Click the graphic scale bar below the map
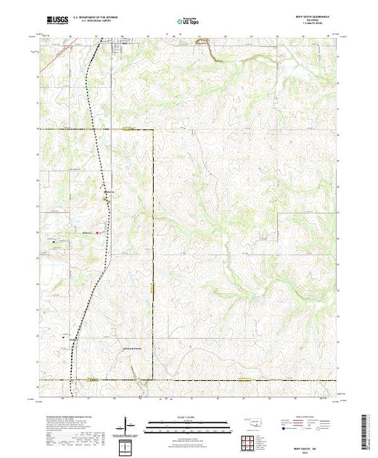pyautogui.click(x=188, y=423)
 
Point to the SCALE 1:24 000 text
pyautogui.click(x=188, y=417)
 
